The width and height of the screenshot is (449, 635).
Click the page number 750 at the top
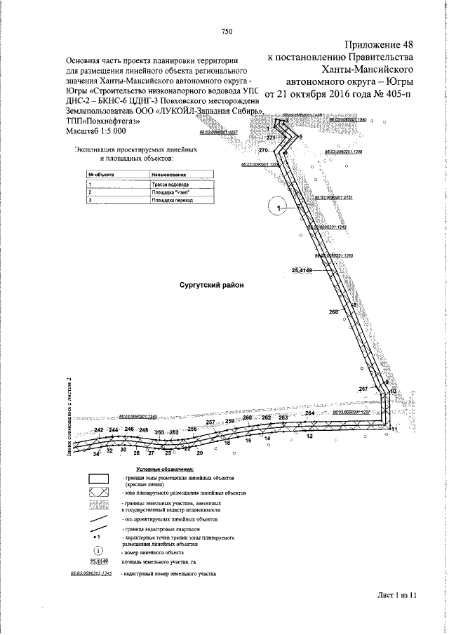click(x=227, y=30)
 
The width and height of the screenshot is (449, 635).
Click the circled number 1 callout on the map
click(x=278, y=208)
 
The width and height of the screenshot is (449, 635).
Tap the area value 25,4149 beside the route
click(x=302, y=270)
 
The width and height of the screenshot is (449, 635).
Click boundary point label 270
click(x=264, y=151)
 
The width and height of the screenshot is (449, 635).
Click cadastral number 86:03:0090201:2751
click(x=333, y=198)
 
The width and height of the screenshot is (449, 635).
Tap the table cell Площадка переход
click(x=169, y=200)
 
